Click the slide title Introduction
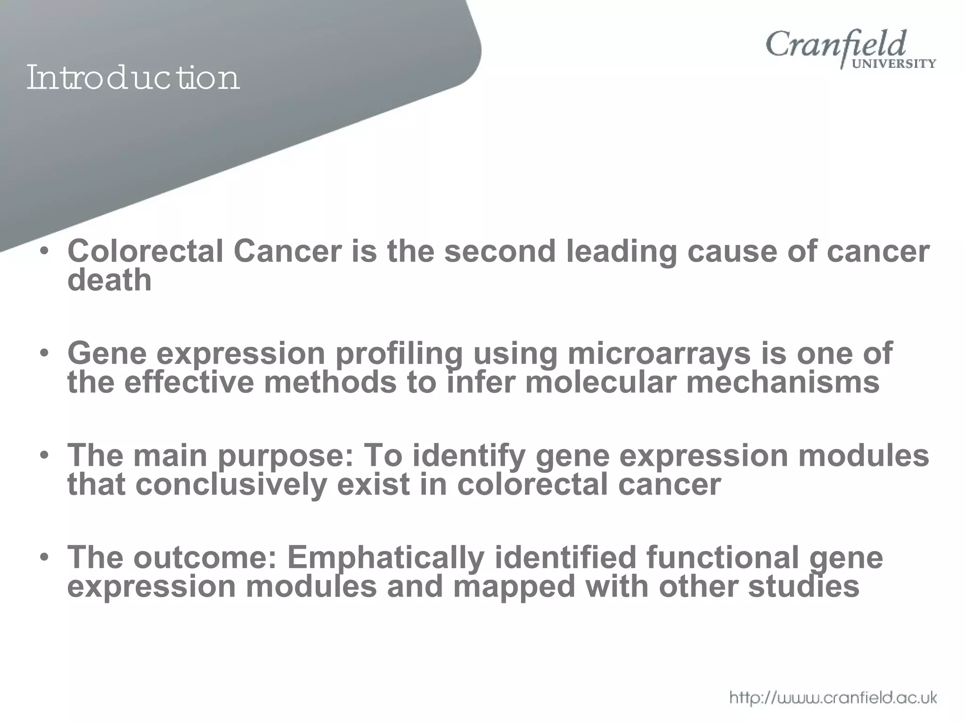click(133, 78)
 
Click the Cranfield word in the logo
click(836, 45)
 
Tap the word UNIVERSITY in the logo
click(894, 64)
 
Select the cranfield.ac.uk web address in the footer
click(833, 697)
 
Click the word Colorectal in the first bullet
click(145, 251)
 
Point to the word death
click(109, 280)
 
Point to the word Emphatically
click(385, 558)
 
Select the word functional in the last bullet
click(722, 558)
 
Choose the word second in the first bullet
click(500, 251)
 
